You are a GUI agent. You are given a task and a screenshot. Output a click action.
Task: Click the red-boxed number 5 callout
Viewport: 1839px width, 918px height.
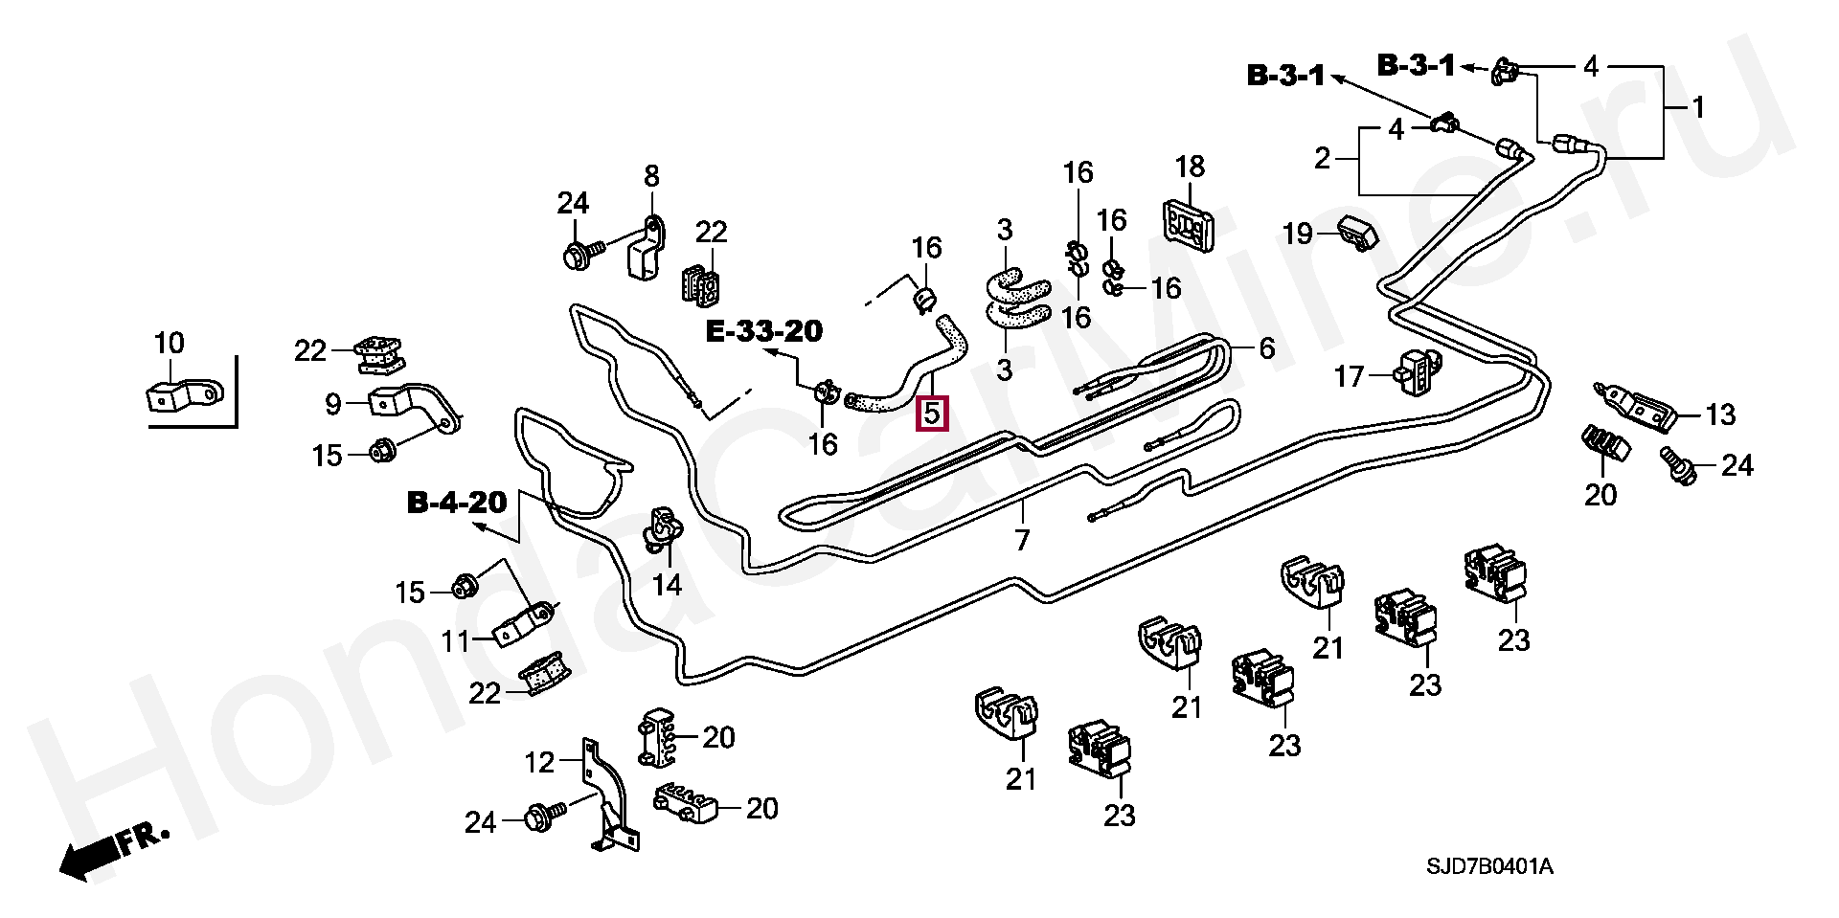tap(932, 414)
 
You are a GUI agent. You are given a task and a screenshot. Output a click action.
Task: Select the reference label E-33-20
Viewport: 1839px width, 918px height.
tap(763, 331)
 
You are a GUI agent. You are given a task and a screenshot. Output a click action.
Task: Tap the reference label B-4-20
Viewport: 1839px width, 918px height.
tap(457, 503)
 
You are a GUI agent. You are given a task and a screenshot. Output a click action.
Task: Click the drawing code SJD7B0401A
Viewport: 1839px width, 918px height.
tap(1489, 867)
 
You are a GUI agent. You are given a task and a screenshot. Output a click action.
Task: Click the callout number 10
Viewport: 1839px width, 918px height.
tap(170, 343)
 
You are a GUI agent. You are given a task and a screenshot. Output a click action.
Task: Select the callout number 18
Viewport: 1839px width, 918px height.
tap(1190, 167)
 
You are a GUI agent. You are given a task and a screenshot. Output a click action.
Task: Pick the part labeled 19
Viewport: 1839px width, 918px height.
tap(1358, 232)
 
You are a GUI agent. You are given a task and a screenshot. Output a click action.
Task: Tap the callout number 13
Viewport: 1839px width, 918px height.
tap(1720, 414)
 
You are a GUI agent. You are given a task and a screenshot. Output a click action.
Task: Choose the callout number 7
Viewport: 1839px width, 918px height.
tap(1022, 540)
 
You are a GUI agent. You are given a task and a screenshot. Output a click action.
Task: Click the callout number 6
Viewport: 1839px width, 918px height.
tap(1266, 348)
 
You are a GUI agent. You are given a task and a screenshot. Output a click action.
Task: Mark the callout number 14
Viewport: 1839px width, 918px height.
tap(667, 584)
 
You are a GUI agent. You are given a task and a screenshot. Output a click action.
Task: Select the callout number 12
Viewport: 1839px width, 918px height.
tap(539, 762)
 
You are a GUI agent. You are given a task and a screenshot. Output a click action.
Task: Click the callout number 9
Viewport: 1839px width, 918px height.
tap(333, 404)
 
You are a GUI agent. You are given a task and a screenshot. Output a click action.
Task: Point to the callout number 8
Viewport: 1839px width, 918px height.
tap(651, 176)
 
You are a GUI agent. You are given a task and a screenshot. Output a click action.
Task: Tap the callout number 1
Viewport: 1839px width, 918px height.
tap(1698, 106)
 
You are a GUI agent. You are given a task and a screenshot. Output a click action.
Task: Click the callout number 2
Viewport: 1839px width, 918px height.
tap(1323, 158)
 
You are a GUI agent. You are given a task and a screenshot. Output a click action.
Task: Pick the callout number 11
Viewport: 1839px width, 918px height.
tap(456, 640)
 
